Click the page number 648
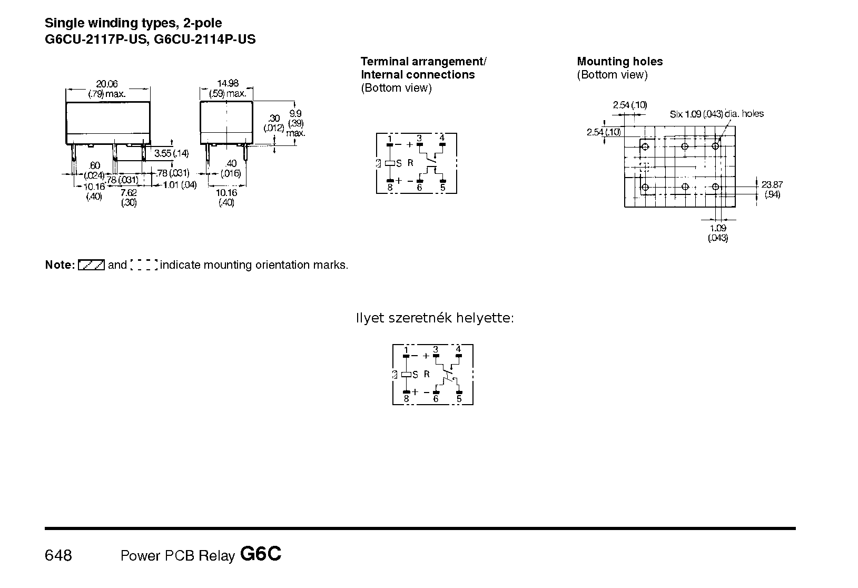pos(58,555)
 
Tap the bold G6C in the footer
pos(261,554)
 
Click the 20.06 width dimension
pos(107,83)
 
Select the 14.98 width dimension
pos(228,83)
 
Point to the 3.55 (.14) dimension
pos(171,153)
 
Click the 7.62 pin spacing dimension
pos(129,193)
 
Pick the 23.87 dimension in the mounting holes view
pos(772,184)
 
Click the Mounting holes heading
pos(619,62)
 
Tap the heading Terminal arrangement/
pos(423,62)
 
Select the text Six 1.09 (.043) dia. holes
pos(716,114)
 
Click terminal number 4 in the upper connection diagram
pos(442,138)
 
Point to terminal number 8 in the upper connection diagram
pos(390,187)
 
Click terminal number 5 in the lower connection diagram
pos(459,399)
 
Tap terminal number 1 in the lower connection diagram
pos(406,349)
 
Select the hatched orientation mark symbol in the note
pos(91,265)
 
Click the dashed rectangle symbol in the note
pos(144,265)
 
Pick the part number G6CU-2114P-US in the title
pos(205,40)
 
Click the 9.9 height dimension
pos(295,113)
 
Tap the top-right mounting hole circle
pos(715,146)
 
